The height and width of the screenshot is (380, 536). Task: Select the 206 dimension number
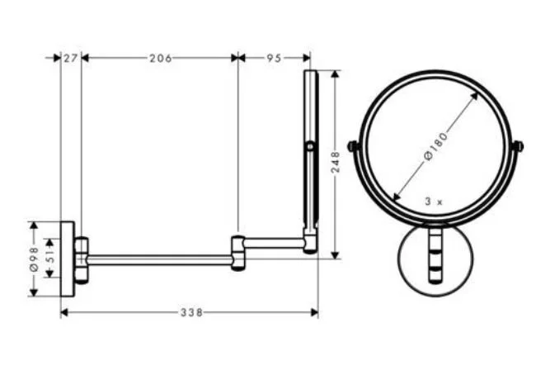(159, 58)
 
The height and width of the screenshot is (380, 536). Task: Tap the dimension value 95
(274, 58)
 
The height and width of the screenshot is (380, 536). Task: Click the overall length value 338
(191, 312)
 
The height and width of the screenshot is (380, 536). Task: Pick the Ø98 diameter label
(34, 259)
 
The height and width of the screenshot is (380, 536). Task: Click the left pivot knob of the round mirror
(353, 147)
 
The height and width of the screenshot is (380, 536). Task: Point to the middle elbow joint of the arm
(237, 253)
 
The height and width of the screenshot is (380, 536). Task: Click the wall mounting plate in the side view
(67, 259)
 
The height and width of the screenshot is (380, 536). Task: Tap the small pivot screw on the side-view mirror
(309, 147)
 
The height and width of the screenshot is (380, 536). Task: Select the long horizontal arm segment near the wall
(157, 259)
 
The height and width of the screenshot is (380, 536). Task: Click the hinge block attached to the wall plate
(81, 259)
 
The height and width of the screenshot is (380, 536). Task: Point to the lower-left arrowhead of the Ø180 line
(396, 198)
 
